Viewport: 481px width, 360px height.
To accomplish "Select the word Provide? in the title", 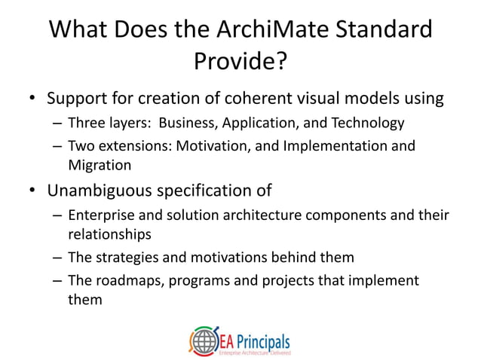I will [x=240, y=63].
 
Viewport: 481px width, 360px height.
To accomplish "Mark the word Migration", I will [x=100, y=164].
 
